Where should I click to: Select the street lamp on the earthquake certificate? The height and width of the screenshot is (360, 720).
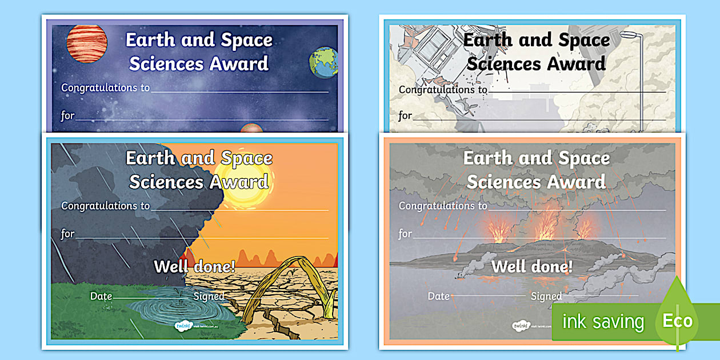pos(643,69)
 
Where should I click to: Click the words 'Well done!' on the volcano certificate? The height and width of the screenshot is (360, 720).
pos(531,266)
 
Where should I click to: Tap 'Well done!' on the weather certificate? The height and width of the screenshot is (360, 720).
pos(194,266)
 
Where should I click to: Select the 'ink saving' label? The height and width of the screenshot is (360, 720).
pos(603,322)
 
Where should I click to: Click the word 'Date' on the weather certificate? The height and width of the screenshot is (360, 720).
pos(101,296)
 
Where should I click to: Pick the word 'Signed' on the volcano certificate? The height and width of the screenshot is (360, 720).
pos(546,296)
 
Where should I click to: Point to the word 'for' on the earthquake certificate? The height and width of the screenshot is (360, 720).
pos(405,115)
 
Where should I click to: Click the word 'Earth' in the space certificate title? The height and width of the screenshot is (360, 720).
pos(150,40)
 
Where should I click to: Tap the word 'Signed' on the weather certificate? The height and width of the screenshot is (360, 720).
pos(209,296)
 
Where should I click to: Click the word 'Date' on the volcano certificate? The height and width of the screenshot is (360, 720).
pos(439,296)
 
